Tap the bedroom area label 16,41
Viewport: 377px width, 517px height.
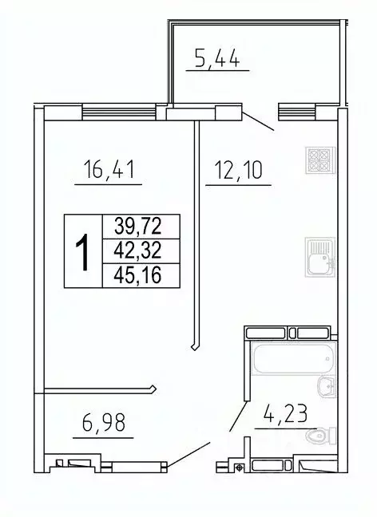[108, 170]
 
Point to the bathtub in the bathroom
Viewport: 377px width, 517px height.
[290, 361]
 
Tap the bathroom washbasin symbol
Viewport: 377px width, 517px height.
[326, 387]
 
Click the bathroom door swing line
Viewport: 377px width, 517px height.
[238, 417]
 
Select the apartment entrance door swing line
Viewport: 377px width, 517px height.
[188, 453]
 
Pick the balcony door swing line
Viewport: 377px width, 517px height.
[258, 120]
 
